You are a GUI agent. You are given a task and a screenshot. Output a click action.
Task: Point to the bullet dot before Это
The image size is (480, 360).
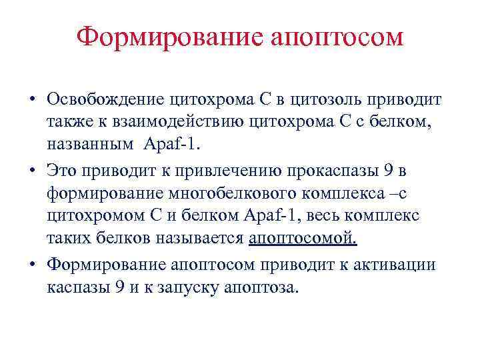32,171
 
